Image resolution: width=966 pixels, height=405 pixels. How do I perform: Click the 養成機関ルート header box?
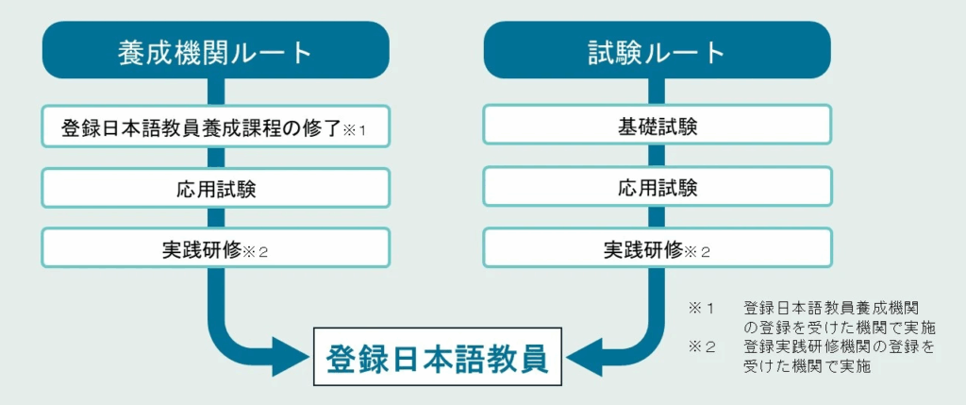pyautogui.click(x=216, y=50)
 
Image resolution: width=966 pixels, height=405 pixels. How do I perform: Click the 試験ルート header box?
pyautogui.click(x=658, y=50)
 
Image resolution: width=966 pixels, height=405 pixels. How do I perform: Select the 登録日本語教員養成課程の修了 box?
pyautogui.click(x=216, y=127)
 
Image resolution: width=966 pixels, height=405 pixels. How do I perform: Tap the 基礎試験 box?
pyautogui.click(x=658, y=127)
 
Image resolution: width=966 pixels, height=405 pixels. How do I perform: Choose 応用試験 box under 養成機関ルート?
pyautogui.click(x=216, y=188)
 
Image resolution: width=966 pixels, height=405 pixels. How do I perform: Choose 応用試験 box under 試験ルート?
pyautogui.click(x=658, y=188)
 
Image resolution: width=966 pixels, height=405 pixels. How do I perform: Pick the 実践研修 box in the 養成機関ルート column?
pyautogui.click(x=216, y=247)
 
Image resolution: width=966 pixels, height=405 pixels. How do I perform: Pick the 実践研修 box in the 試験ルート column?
pyautogui.click(x=658, y=247)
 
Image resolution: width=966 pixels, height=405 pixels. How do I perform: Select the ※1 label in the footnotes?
pyautogui.click(x=701, y=308)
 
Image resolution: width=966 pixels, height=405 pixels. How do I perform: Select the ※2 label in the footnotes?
pyautogui.click(x=702, y=347)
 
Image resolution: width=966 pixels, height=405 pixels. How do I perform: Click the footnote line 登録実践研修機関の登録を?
pyautogui.click(x=839, y=347)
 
